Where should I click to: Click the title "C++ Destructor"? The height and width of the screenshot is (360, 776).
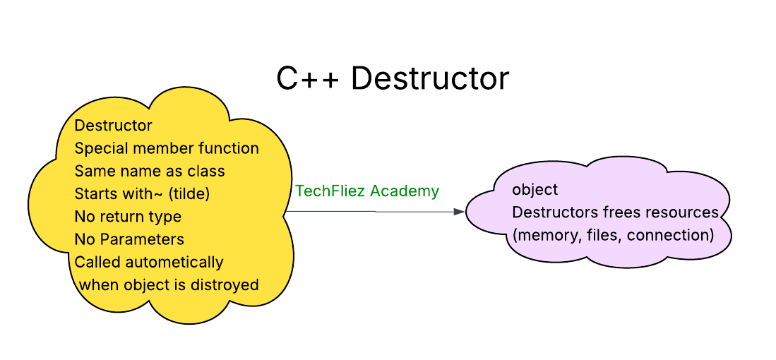pos(392,78)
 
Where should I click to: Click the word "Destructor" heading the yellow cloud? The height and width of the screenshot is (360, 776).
pos(113,126)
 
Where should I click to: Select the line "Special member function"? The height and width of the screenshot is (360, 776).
pos(167,149)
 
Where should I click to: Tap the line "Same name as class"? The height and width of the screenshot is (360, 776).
pos(150,172)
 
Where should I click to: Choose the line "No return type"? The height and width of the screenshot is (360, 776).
pos(128,217)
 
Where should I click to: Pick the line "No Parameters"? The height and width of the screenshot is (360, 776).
pos(129,239)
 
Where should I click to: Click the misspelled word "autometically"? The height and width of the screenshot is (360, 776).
pos(175,262)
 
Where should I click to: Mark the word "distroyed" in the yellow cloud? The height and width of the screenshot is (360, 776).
pos(225,285)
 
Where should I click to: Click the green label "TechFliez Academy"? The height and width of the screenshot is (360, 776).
pos(367,191)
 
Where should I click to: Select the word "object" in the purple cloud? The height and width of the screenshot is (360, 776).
pos(535,190)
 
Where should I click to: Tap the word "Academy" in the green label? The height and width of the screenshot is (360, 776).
pos(410,191)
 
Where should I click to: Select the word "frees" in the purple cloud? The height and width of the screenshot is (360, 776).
pos(621,212)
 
